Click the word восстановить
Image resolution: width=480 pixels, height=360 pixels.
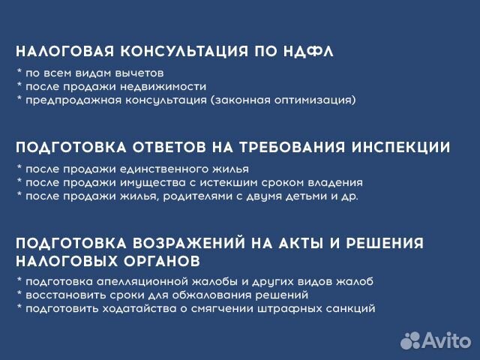(x=55, y=295)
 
